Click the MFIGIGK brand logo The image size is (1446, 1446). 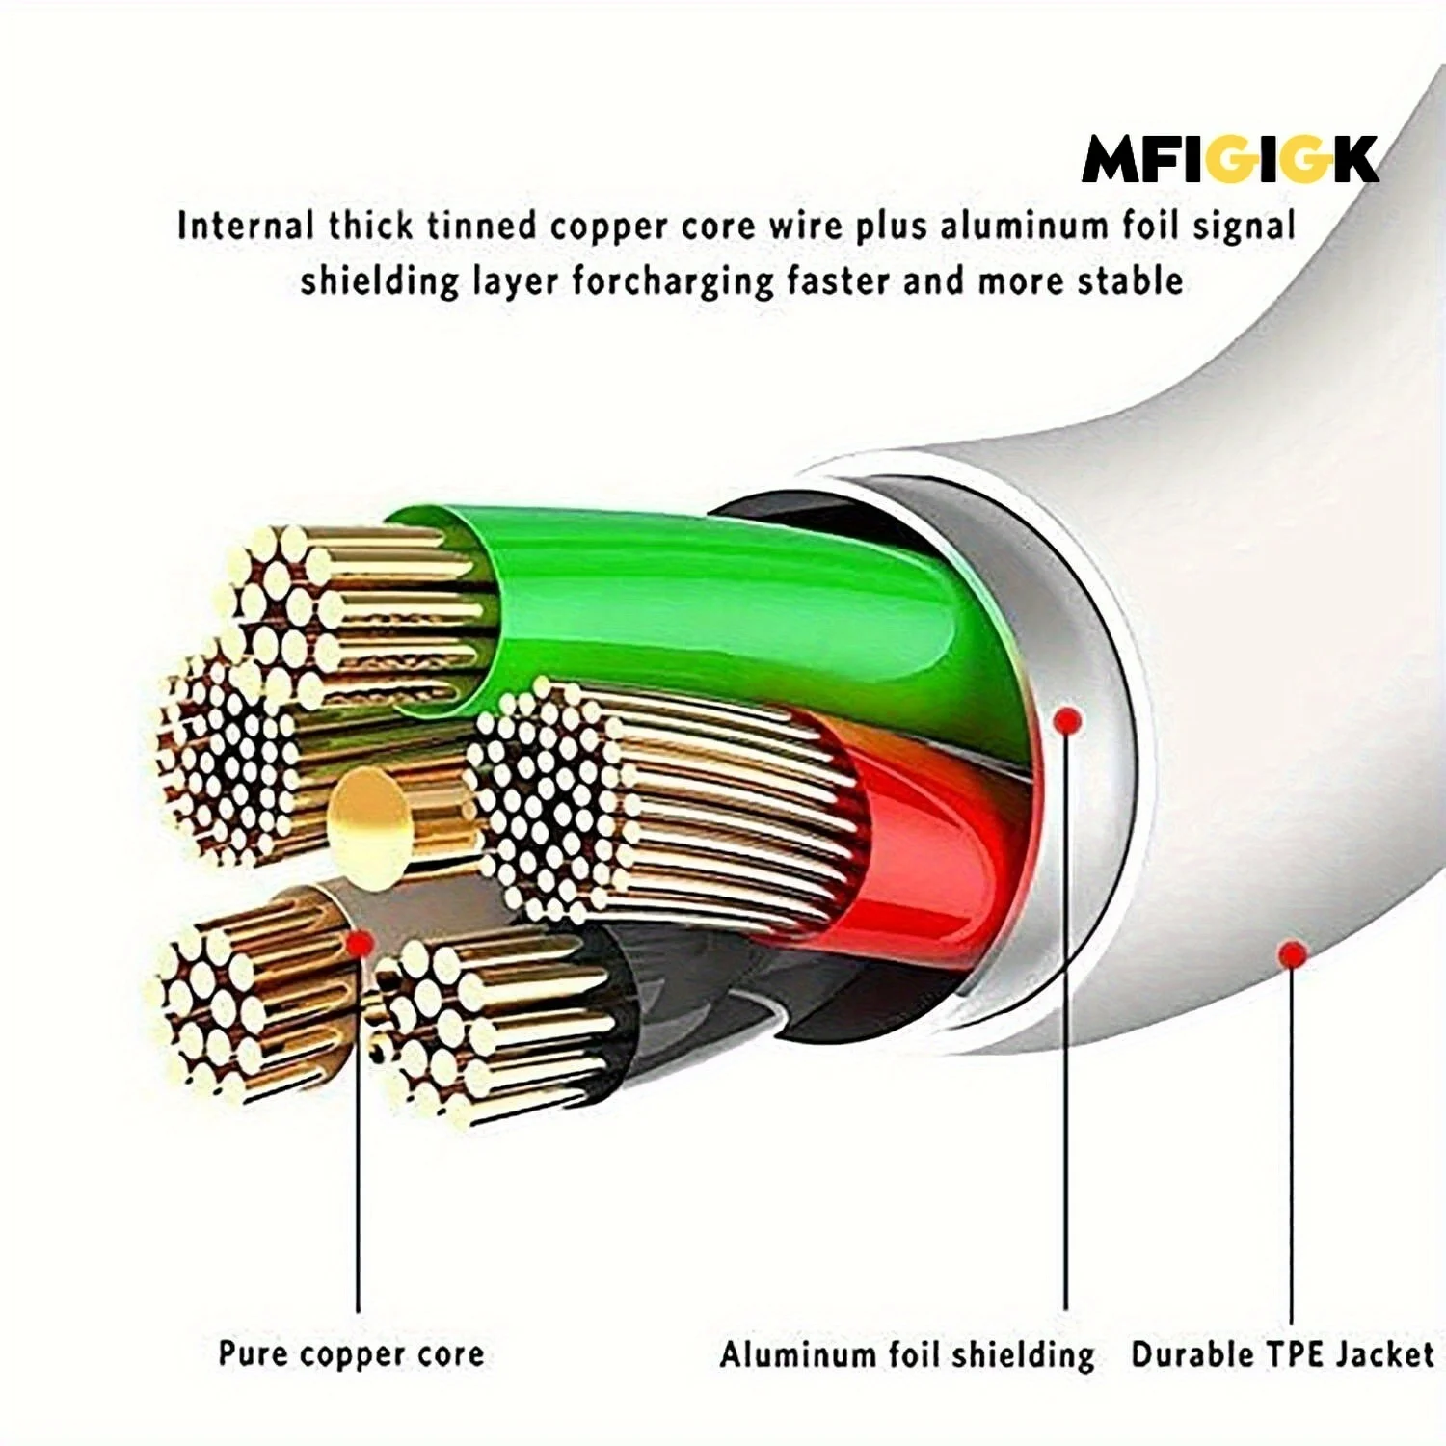pyautogui.click(x=1230, y=159)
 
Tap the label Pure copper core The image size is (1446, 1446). pyautogui.click(x=351, y=1353)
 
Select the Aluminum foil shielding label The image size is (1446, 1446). pyautogui.click(x=906, y=1354)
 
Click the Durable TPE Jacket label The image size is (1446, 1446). pyautogui.click(x=1282, y=1354)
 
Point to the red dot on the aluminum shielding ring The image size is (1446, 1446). pyautogui.click(x=1066, y=719)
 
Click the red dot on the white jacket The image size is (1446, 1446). pyautogui.click(x=1292, y=954)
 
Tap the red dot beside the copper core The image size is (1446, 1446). pyautogui.click(x=361, y=943)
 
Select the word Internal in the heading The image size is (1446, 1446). pyautogui.click(x=246, y=226)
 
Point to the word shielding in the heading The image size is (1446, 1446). pyautogui.click(x=379, y=281)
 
